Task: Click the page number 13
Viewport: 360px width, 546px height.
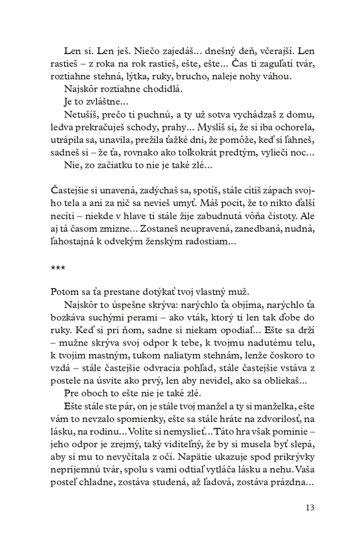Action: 309,508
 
